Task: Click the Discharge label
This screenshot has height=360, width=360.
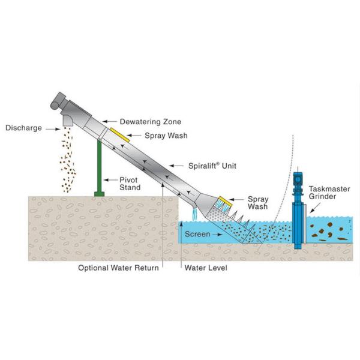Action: (x=22, y=127)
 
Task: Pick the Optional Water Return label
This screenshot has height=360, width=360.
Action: (x=118, y=268)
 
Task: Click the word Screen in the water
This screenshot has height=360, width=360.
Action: (x=197, y=233)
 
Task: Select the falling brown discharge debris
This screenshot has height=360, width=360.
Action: (x=68, y=159)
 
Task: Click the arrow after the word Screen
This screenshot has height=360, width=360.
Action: (x=220, y=233)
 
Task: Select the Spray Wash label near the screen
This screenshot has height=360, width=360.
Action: (x=259, y=202)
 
